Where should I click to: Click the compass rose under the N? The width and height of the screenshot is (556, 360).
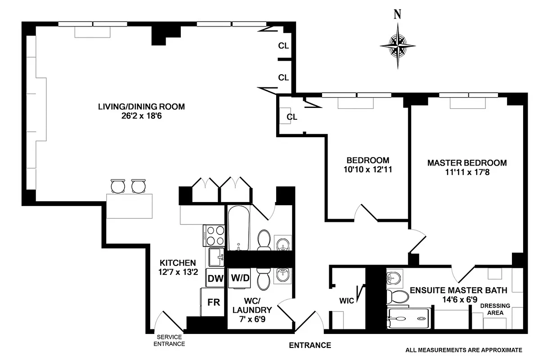pyautogui.click(x=398, y=45)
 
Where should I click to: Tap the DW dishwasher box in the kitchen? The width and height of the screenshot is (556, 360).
pyautogui.click(x=215, y=278)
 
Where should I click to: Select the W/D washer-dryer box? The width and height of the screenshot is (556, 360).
pyautogui.click(x=240, y=278)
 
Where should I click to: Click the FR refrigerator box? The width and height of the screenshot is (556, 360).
pyautogui.click(x=214, y=302)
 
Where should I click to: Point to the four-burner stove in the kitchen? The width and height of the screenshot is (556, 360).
pyautogui.click(x=215, y=235)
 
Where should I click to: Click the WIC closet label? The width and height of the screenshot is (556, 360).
pyautogui.click(x=347, y=300)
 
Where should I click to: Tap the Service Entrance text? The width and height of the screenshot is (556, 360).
pyautogui.click(x=170, y=340)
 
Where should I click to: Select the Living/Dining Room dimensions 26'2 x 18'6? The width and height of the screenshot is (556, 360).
pyautogui.click(x=141, y=116)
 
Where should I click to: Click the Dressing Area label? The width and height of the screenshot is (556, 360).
pyautogui.click(x=495, y=309)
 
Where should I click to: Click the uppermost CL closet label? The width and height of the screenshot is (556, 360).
pyautogui.click(x=283, y=45)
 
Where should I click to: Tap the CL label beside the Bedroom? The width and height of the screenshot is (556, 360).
pyautogui.click(x=292, y=117)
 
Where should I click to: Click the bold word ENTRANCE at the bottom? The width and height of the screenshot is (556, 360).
pyautogui.click(x=309, y=346)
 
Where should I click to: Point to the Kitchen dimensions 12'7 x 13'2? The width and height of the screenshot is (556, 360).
pyautogui.click(x=178, y=272)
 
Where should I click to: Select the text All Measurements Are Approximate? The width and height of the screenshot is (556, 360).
pyautogui.click(x=463, y=350)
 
